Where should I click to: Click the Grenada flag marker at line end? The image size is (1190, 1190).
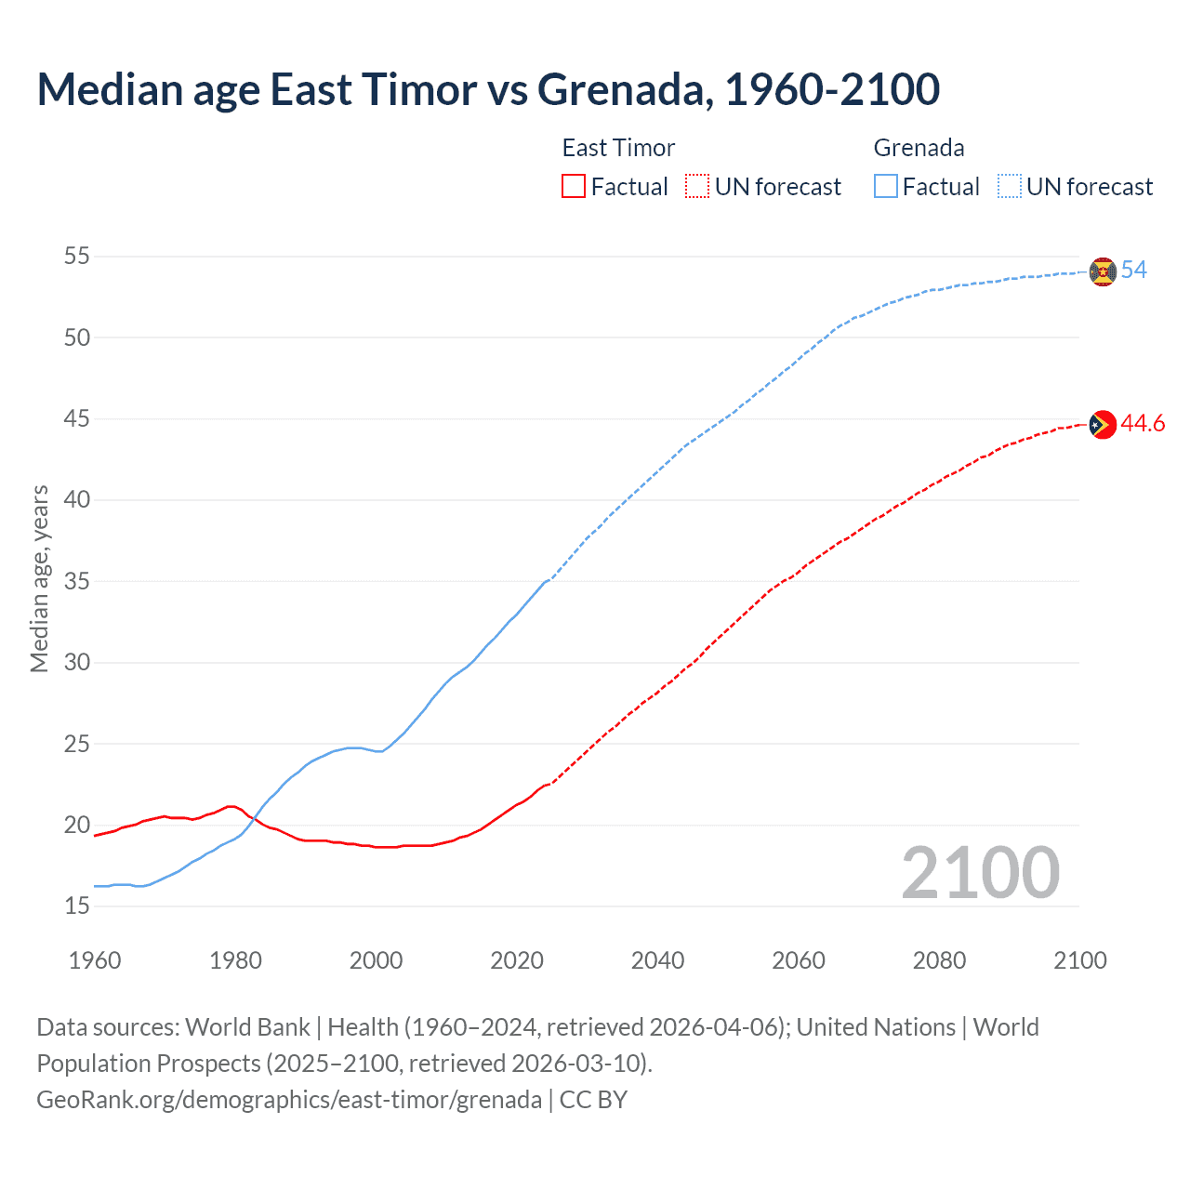click(x=1103, y=271)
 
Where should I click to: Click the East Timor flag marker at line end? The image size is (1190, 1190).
click(x=1103, y=424)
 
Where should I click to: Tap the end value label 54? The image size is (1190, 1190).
click(x=1134, y=270)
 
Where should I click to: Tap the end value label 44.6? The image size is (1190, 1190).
click(x=1144, y=424)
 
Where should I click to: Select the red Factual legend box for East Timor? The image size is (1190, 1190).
click(x=574, y=187)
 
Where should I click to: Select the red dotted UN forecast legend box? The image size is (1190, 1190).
click(x=697, y=187)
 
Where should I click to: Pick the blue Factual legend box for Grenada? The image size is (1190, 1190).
click(x=886, y=187)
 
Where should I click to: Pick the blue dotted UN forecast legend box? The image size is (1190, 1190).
click(x=1010, y=187)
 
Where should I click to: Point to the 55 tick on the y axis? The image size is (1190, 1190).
click(x=77, y=256)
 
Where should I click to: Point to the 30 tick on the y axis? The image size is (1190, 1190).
click(x=77, y=662)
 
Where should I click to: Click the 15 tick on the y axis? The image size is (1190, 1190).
click(x=77, y=906)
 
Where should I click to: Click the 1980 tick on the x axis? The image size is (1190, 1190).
click(x=235, y=960)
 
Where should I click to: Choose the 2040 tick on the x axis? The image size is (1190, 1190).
click(x=657, y=960)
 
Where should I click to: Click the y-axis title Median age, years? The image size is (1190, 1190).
click(x=39, y=578)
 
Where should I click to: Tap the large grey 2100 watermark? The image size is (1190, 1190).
click(x=981, y=872)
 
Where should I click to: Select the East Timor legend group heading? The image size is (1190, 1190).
click(x=618, y=148)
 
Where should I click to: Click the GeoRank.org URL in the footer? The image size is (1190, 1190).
click(x=289, y=1100)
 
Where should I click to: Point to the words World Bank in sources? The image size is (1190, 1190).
click(x=247, y=1027)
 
